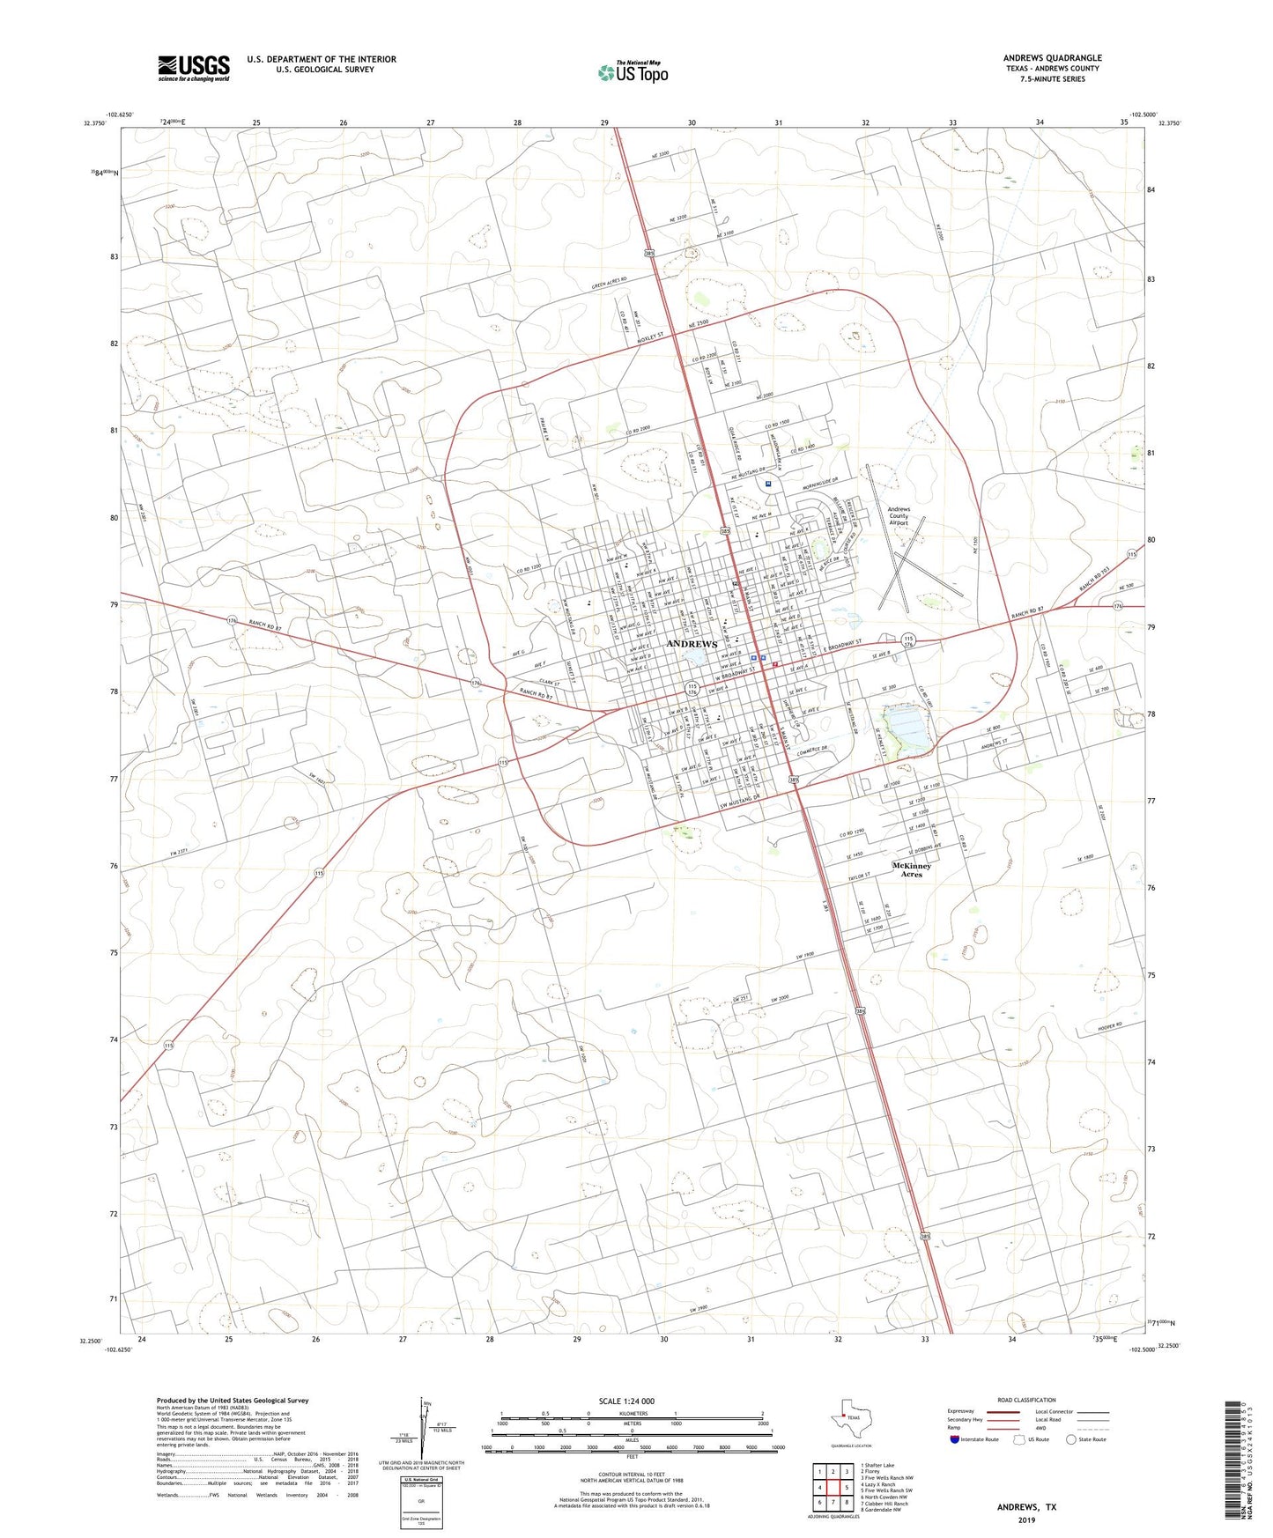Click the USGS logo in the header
(194, 68)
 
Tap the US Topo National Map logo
(632, 71)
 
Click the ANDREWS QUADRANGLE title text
(1052, 58)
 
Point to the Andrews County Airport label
(899, 515)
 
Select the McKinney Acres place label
(911, 869)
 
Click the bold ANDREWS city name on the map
(692, 644)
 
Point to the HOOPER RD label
(1108, 1027)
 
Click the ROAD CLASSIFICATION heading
(1026, 1400)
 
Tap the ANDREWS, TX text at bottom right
(1026, 1507)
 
